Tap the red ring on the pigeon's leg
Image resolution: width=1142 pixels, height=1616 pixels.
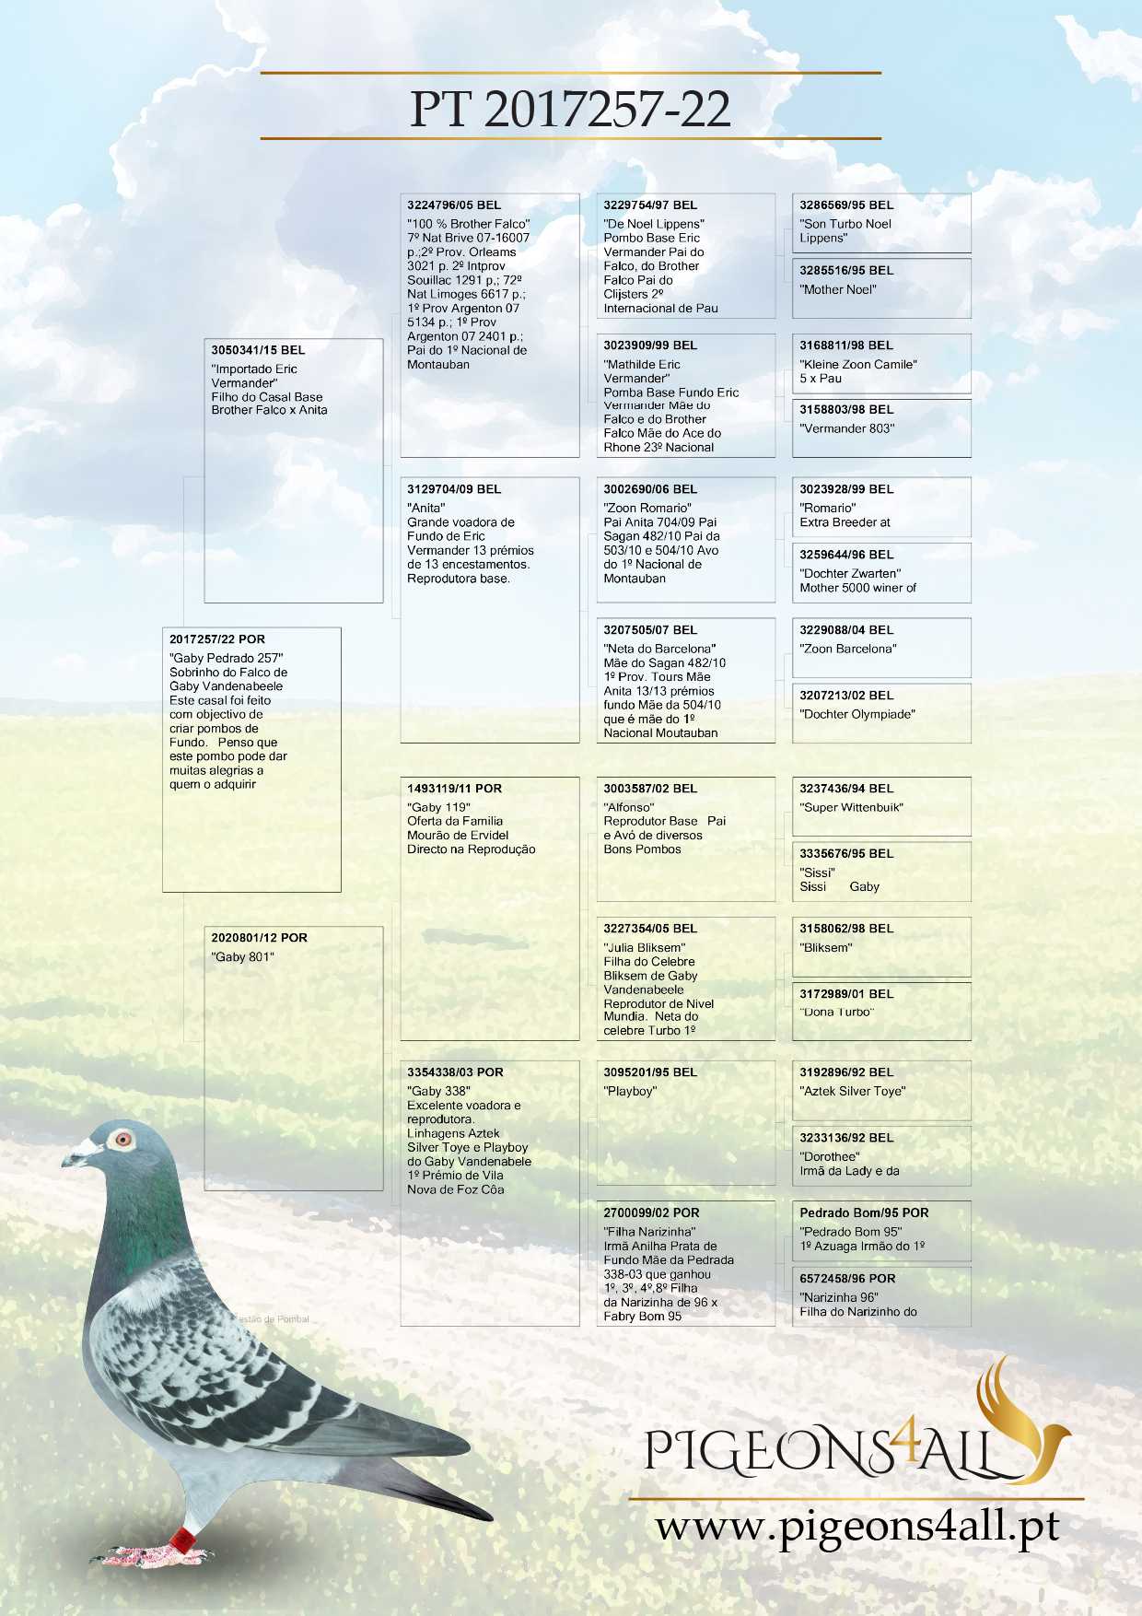(x=183, y=1538)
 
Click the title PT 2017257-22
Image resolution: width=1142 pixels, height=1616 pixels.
(x=570, y=109)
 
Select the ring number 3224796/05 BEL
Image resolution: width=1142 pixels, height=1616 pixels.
(x=454, y=205)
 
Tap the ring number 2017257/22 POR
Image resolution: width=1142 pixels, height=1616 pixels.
(x=217, y=639)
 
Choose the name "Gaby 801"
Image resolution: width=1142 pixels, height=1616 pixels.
(x=242, y=957)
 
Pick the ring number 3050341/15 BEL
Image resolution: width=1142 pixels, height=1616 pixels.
(x=258, y=350)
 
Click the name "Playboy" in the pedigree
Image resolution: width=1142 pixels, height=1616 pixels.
(x=630, y=1092)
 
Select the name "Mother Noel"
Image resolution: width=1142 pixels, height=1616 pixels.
(x=838, y=289)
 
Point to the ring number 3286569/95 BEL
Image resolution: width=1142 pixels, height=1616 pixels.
(x=846, y=205)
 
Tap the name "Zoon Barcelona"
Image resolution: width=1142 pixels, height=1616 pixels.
(x=848, y=649)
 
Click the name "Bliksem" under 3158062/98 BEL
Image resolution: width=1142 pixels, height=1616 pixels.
(x=826, y=947)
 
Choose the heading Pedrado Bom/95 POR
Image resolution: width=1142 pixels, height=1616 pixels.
(x=864, y=1213)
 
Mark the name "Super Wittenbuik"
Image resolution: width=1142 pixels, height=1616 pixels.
(x=851, y=808)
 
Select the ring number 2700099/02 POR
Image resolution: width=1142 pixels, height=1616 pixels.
(x=651, y=1213)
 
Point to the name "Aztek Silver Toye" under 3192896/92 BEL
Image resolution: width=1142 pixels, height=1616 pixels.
(x=852, y=1092)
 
